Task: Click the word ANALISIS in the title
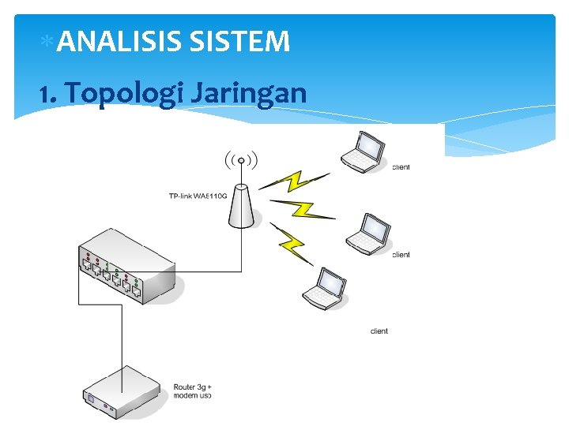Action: [119, 41]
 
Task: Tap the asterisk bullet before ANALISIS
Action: [47, 39]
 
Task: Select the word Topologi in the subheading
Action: [126, 94]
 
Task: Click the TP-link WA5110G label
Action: [197, 196]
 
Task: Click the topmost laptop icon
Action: [364, 151]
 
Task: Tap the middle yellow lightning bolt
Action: [303, 209]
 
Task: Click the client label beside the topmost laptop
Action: [401, 167]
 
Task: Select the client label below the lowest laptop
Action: [379, 331]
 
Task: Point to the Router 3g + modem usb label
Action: [192, 390]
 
